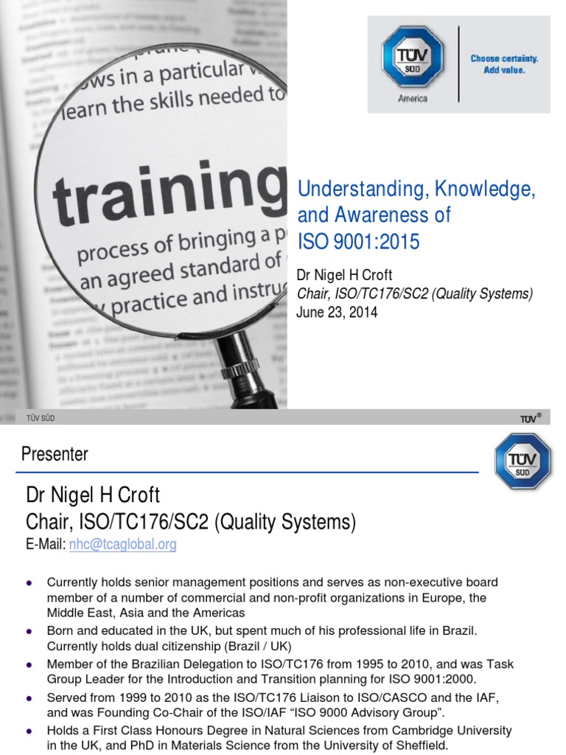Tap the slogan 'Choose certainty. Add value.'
point(505,65)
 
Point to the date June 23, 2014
point(337,312)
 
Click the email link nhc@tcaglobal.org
point(123,545)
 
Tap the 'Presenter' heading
point(55,454)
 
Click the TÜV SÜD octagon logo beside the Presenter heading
point(523,461)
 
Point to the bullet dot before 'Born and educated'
point(29,631)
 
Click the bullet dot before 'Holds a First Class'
point(29,731)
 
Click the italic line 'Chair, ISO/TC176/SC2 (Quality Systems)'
point(414,294)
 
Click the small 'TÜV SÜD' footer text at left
point(41,418)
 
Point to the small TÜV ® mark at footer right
point(531,418)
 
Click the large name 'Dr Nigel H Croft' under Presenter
point(93,494)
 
